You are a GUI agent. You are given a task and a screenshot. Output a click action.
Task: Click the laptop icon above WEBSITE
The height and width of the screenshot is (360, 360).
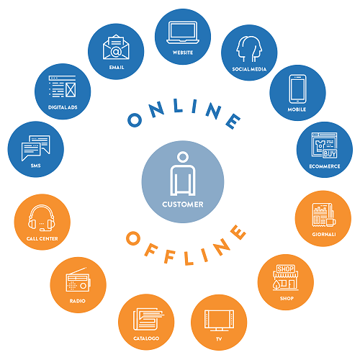point(183,32)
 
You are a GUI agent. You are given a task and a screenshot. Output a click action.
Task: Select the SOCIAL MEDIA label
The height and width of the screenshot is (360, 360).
point(249,69)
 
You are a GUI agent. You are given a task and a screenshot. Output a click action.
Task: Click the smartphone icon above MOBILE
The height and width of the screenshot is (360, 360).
point(297,89)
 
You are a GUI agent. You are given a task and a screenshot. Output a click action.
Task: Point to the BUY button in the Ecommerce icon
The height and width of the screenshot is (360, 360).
point(330,153)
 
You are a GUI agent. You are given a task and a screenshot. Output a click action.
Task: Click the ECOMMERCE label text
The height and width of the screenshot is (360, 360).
point(325,166)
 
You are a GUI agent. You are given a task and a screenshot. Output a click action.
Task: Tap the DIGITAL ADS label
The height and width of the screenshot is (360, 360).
point(63,107)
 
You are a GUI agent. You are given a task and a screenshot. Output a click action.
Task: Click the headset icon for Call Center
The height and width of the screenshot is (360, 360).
point(42,218)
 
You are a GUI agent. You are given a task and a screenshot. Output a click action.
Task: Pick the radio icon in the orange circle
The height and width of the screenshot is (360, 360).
point(78,279)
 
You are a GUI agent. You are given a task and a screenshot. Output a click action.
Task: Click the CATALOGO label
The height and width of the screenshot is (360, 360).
point(146,338)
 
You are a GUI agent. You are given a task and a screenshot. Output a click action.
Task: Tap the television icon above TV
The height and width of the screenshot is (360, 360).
point(219,320)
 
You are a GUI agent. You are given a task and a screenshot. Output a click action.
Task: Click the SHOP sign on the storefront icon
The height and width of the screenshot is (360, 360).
point(285,269)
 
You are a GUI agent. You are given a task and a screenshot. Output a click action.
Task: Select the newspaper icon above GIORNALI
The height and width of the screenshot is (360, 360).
point(324,215)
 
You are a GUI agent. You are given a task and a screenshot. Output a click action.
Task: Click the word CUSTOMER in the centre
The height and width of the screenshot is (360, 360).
point(183,204)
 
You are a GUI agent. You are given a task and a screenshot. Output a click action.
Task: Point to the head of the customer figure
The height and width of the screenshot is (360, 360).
point(183,157)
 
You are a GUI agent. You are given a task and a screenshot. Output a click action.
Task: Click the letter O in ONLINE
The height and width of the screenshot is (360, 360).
point(135,120)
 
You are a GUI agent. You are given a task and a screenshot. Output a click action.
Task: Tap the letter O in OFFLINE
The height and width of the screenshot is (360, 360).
point(133,238)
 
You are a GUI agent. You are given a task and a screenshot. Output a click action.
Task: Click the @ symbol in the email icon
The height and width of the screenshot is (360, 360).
point(116,52)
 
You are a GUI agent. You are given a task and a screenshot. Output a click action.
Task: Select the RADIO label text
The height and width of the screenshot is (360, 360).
point(78,301)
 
